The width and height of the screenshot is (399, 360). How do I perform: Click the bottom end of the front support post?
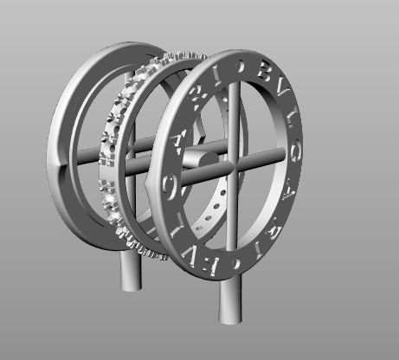229,318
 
